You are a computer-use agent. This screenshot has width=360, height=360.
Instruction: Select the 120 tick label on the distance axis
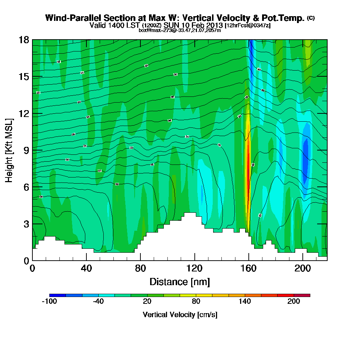pyautogui.click(x=194, y=268)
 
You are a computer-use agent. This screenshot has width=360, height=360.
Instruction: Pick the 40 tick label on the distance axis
pyautogui.click(x=86, y=268)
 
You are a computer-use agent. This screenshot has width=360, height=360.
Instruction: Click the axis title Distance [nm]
pyautogui.click(x=180, y=282)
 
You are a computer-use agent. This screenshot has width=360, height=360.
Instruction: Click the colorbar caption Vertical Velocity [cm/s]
pyautogui.click(x=180, y=315)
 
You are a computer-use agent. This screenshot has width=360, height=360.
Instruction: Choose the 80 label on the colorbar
pyautogui.click(x=196, y=302)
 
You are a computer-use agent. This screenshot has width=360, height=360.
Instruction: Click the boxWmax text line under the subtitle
pyautogui.click(x=180, y=30)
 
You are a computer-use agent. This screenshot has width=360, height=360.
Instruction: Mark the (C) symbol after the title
pyautogui.click(x=311, y=18)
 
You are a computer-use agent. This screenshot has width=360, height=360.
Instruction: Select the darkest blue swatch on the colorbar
pyautogui.click(x=58, y=295)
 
